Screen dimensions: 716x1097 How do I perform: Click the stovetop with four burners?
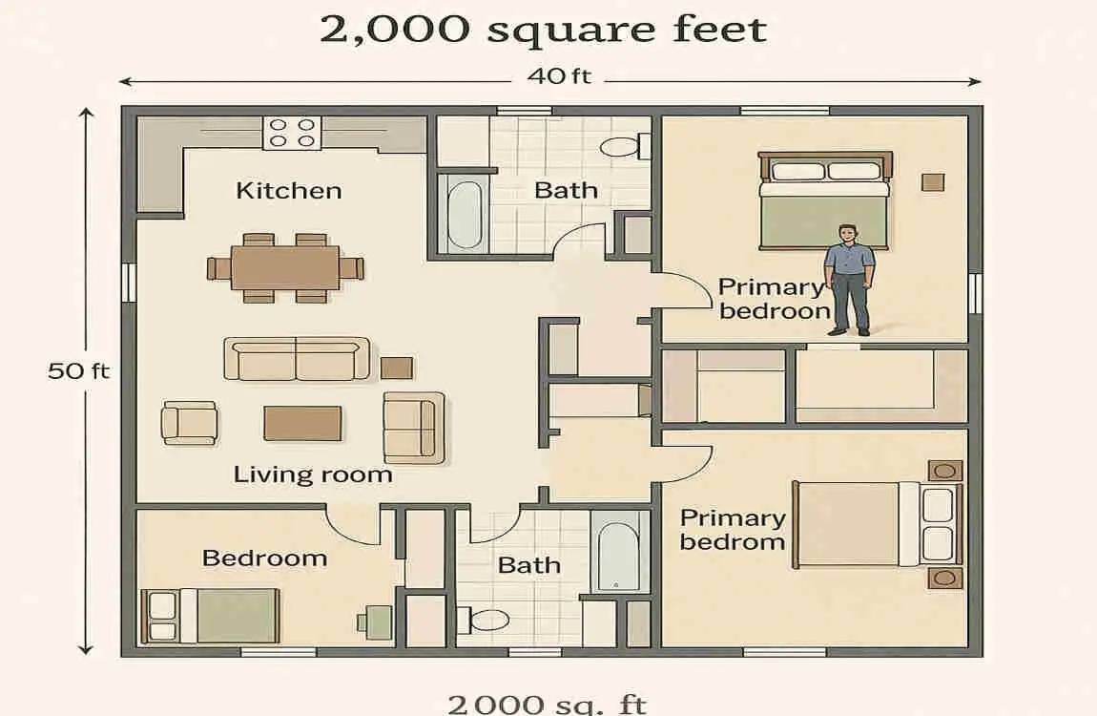292,132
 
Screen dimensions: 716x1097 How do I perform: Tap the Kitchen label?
288,190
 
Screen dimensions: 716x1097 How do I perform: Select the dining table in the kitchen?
285,267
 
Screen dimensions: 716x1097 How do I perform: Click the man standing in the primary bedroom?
848,279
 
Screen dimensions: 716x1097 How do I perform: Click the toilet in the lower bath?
486,620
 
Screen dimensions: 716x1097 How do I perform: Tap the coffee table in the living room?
302,423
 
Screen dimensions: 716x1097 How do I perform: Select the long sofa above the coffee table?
296,359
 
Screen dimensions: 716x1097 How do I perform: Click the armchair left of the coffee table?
189,422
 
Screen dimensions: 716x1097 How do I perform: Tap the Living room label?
312,474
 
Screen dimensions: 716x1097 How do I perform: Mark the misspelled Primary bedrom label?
732,530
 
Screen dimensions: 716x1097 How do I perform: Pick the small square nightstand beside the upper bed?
932,181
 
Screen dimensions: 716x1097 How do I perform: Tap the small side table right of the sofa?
397,368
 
